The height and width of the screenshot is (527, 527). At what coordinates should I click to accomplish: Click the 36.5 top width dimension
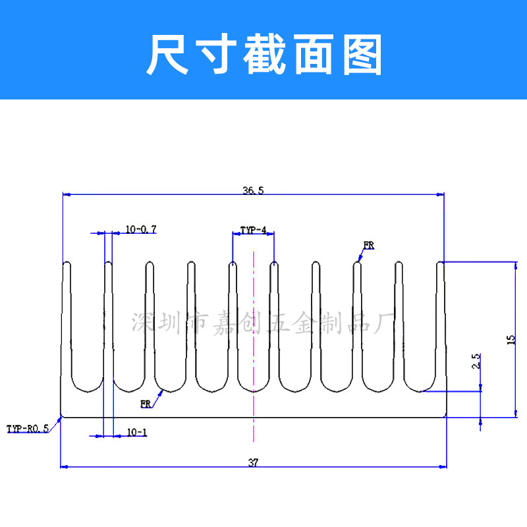[254, 190]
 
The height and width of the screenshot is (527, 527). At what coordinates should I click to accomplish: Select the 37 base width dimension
[253, 462]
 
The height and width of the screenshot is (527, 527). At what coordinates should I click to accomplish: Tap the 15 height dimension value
[511, 340]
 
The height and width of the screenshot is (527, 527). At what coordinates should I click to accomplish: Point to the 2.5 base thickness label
[476, 361]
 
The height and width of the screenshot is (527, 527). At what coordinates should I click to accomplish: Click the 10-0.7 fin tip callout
[141, 229]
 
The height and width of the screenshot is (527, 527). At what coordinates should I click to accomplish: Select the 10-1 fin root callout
[137, 432]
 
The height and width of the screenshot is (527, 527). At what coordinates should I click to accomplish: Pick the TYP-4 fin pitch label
[253, 230]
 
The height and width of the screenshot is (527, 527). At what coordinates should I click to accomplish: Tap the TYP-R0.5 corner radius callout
[28, 429]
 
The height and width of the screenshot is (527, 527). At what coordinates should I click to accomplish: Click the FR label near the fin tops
[369, 245]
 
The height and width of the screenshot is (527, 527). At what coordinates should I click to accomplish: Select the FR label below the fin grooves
[146, 404]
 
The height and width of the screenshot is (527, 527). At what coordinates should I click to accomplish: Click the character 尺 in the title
[167, 54]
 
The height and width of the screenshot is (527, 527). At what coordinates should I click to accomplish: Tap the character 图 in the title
[362, 54]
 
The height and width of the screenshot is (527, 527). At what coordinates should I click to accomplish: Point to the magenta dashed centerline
[254, 347]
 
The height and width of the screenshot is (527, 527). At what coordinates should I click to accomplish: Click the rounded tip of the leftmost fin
[67, 262]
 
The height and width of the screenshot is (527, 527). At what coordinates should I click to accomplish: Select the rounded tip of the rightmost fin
[440, 262]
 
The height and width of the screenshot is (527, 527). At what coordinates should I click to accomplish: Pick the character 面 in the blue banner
[314, 54]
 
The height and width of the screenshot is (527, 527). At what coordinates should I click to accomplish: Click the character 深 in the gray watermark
[141, 323]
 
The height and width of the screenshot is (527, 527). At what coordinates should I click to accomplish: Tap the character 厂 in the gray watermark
[384, 323]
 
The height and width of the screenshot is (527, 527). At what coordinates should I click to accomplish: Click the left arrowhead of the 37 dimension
[64, 467]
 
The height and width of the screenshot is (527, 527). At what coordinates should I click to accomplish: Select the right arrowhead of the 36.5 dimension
[440, 194]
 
